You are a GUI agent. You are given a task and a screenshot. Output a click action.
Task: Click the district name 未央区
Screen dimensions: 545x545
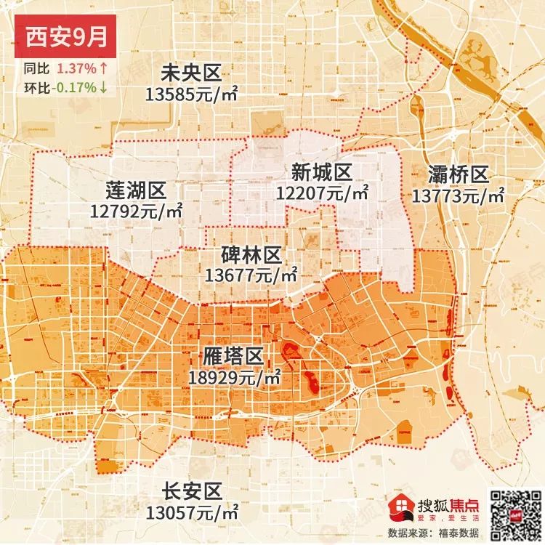click(190, 73)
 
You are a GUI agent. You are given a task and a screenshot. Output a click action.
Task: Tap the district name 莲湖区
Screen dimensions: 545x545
click(136, 191)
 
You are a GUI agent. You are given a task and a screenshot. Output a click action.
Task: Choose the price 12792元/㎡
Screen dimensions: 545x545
click(136, 211)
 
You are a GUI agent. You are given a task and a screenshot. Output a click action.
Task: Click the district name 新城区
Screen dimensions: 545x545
click(322, 173)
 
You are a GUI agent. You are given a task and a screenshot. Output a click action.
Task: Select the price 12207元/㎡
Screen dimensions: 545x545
click(322, 193)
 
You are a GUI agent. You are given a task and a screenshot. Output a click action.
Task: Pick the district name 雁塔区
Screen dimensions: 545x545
click(233, 358)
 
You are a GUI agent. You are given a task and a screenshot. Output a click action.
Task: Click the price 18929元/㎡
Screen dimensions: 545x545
click(233, 378)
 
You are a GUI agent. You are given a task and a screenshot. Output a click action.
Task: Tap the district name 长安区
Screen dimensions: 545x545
click(192, 491)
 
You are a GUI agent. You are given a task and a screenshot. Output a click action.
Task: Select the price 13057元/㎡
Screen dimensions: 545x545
click(192, 512)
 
